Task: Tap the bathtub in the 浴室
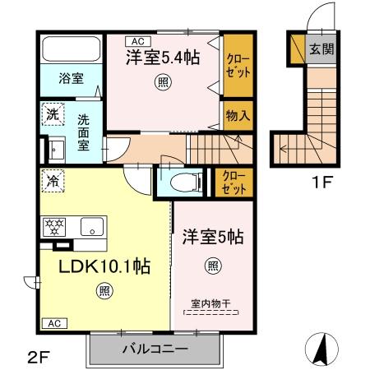72,49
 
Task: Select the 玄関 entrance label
321,49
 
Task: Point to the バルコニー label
155,349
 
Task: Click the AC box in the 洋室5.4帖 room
138,41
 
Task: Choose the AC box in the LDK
54,323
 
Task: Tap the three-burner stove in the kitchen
54,227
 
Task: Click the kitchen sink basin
92,227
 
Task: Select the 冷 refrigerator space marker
53,181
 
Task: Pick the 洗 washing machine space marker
53,114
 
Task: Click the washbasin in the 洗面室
57,150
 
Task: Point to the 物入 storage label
238,115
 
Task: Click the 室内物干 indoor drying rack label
210,303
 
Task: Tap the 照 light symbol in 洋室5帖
213,266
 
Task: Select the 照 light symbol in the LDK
104,290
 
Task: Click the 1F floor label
322,182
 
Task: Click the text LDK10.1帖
104,266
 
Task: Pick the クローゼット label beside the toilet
234,183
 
